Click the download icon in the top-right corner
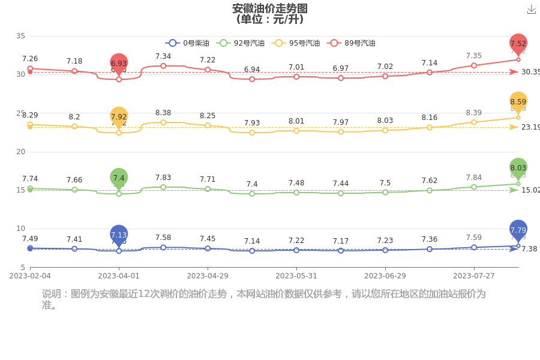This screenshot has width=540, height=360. (x=531, y=10)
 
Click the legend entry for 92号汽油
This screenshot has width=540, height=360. (x=241, y=43)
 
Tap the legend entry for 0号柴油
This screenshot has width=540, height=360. (x=187, y=43)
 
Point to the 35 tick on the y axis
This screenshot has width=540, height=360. (x=20, y=36)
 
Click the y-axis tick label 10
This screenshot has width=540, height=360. (x=20, y=229)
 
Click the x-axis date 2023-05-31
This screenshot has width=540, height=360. (x=296, y=276)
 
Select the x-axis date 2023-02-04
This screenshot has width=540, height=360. (x=30, y=276)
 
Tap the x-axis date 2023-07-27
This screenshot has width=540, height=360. (x=474, y=276)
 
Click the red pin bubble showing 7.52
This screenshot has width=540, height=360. (x=518, y=44)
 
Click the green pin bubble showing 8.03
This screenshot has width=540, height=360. (x=518, y=168)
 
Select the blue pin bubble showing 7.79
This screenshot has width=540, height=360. (x=518, y=230)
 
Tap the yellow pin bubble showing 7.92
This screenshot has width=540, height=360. (x=119, y=117)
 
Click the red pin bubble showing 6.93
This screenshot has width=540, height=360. (x=119, y=63)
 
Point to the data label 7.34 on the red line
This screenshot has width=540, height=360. (x=163, y=56)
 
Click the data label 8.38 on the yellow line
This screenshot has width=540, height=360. (x=163, y=113)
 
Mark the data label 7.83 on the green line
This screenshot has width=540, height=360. (x=163, y=178)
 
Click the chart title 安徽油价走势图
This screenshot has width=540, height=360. (x=270, y=8)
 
